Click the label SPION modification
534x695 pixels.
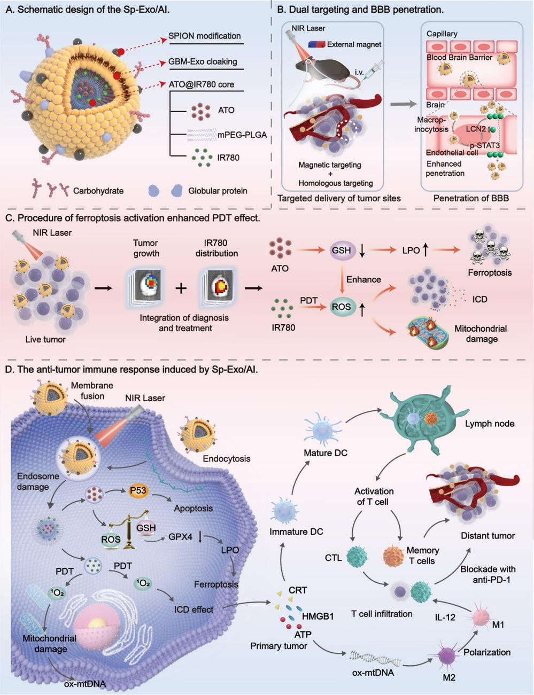204,36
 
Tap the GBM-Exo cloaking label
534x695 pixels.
203,61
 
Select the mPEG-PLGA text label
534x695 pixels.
242,135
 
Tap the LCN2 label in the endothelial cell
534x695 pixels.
475,129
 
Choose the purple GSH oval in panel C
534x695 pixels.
342,250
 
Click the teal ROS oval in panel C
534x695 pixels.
342,307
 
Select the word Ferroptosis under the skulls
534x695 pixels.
490,272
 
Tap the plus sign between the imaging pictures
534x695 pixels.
182,288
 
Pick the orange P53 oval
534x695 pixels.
138,490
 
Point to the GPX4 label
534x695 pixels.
180,536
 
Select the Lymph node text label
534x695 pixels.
489,424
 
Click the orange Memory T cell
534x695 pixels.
394,557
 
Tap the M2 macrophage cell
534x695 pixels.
447,656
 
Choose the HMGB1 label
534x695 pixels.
318,616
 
